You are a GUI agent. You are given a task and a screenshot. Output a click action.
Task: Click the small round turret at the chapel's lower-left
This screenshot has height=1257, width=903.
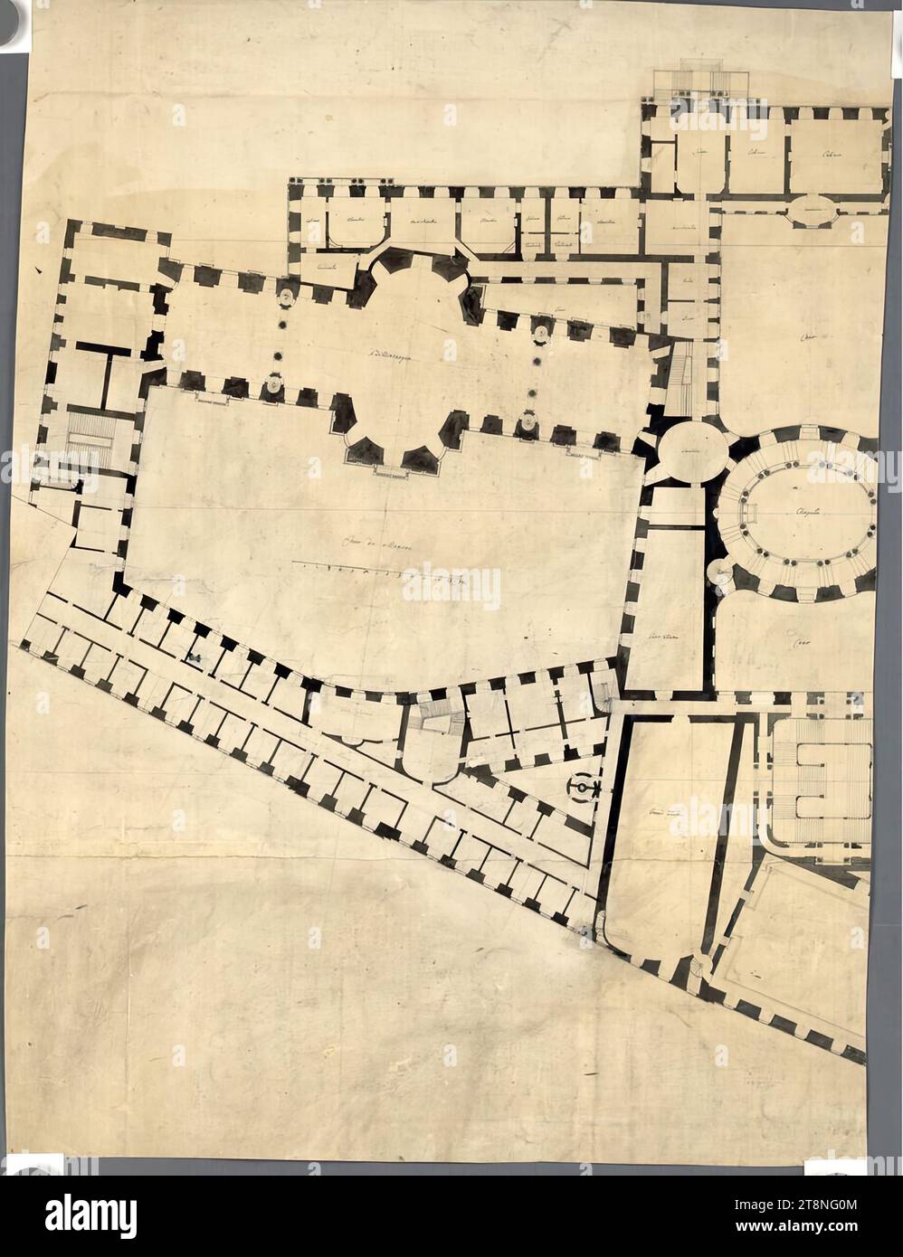(x=720, y=572)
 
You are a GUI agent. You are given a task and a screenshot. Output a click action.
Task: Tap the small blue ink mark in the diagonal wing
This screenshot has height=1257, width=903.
(x=194, y=657)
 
